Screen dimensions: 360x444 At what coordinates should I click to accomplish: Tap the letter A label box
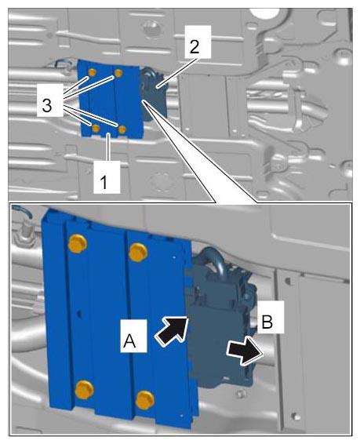click(x=133, y=336)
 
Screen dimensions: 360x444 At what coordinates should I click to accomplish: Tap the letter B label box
click(x=271, y=317)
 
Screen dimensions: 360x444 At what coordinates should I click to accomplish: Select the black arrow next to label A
click(x=172, y=330)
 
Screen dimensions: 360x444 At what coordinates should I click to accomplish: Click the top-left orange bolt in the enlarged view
click(x=78, y=243)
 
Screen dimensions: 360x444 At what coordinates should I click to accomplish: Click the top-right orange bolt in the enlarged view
click(x=138, y=252)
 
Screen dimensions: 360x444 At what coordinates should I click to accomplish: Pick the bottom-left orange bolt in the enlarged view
click(x=85, y=390)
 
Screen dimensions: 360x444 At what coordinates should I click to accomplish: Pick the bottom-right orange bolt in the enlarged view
click(x=145, y=400)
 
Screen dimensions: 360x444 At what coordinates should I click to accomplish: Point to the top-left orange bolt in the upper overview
click(x=92, y=72)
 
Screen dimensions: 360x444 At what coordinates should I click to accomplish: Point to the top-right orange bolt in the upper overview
click(x=119, y=74)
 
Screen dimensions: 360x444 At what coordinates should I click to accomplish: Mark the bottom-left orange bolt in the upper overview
click(x=96, y=129)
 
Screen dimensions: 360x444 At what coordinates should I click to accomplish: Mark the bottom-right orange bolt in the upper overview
click(x=122, y=129)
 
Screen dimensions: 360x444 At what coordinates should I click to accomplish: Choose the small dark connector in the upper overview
click(x=154, y=93)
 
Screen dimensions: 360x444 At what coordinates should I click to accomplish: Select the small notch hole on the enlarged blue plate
click(x=80, y=314)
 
